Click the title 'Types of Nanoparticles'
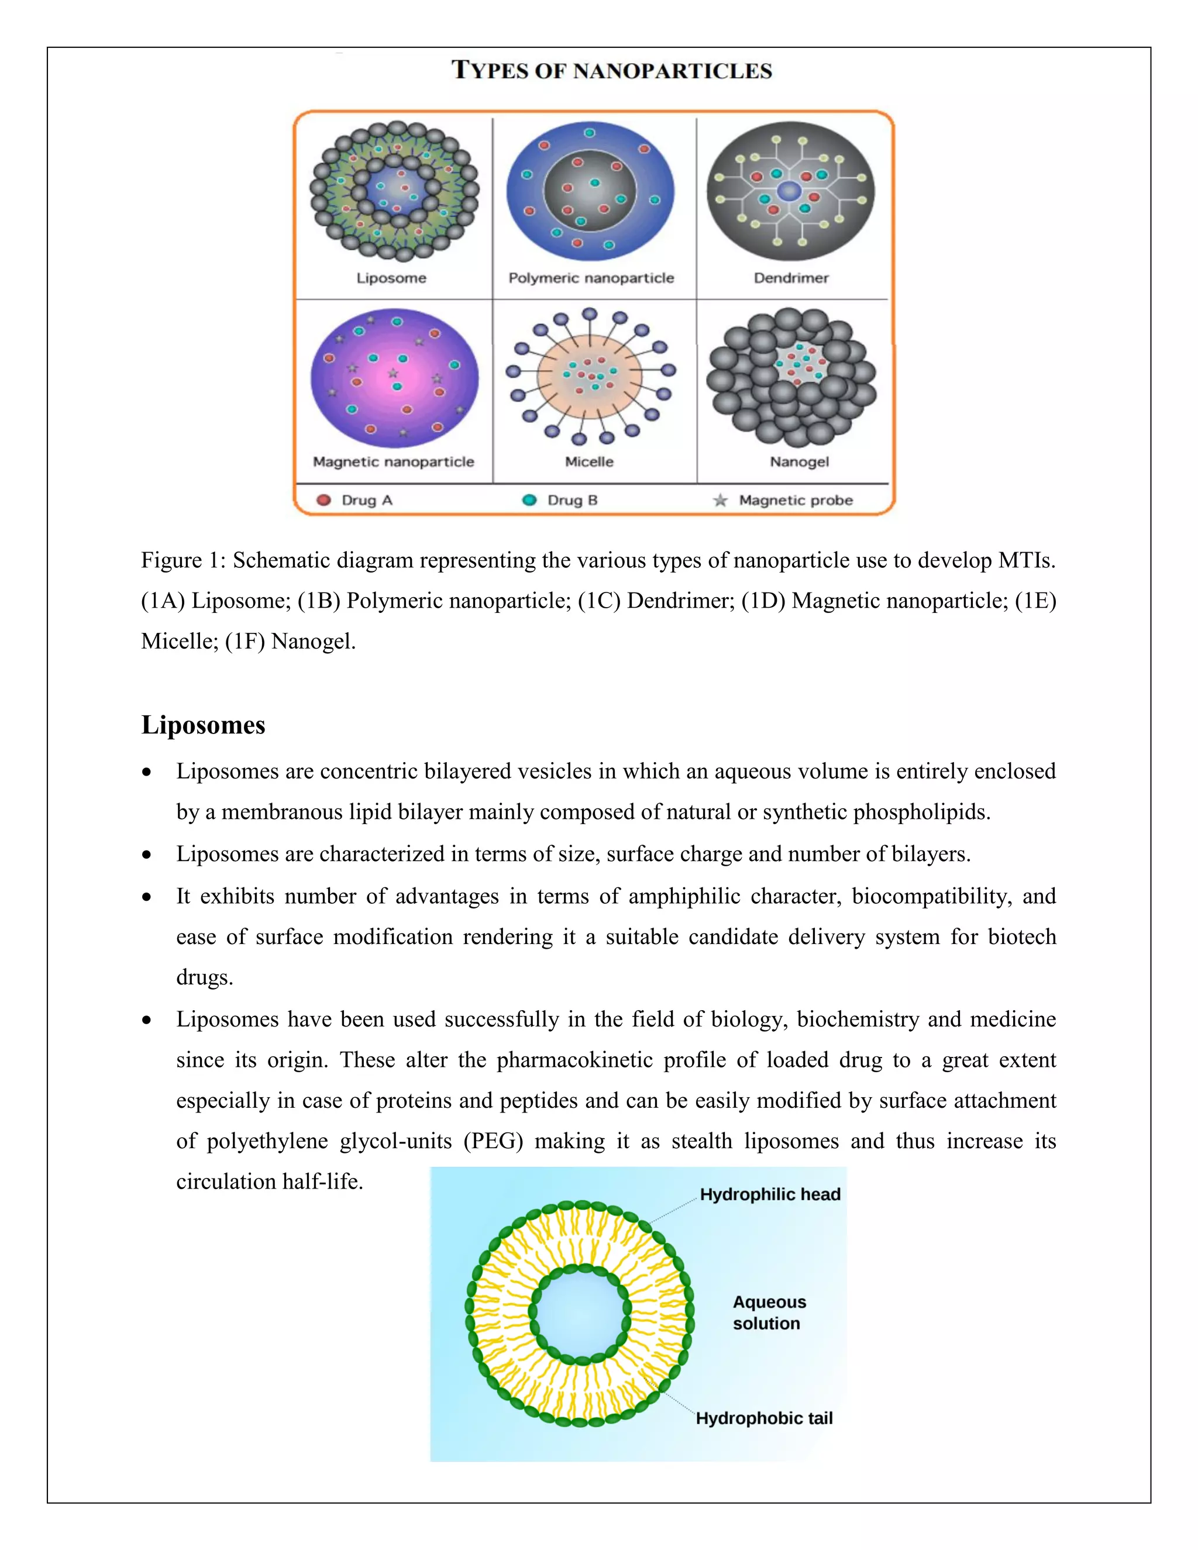pyautogui.click(x=612, y=70)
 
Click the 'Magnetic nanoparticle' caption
pyautogui.click(x=393, y=462)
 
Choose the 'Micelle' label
pyautogui.click(x=589, y=462)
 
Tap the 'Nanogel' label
pyautogui.click(x=799, y=462)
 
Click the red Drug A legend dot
pyautogui.click(x=323, y=500)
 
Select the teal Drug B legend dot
pyautogui.click(x=529, y=500)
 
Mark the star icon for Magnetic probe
pyautogui.click(x=720, y=500)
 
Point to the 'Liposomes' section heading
pyautogui.click(x=203, y=725)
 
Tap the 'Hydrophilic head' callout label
pyautogui.click(x=770, y=1194)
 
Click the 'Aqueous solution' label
pyautogui.click(x=769, y=1313)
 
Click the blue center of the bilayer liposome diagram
pyautogui.click(x=580, y=1314)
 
